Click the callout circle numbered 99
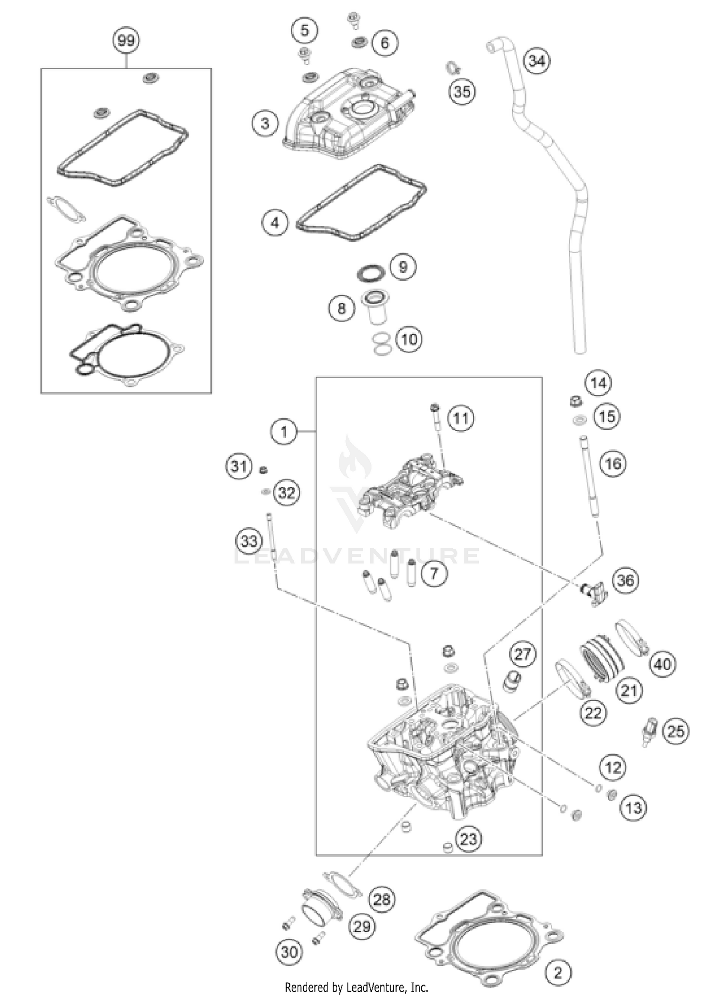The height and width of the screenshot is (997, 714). point(126,40)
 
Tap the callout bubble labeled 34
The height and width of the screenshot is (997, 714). point(536,61)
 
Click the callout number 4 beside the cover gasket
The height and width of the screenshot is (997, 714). point(275,222)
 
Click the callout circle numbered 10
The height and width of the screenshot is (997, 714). point(409,339)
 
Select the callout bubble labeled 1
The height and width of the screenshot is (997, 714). point(284,432)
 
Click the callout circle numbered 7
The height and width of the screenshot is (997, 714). point(433,574)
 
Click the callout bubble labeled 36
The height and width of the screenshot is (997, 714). point(625,580)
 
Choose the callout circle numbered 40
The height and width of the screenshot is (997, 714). point(663,664)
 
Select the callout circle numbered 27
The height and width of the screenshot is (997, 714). point(522,654)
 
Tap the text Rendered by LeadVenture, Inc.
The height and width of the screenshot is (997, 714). point(357,987)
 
